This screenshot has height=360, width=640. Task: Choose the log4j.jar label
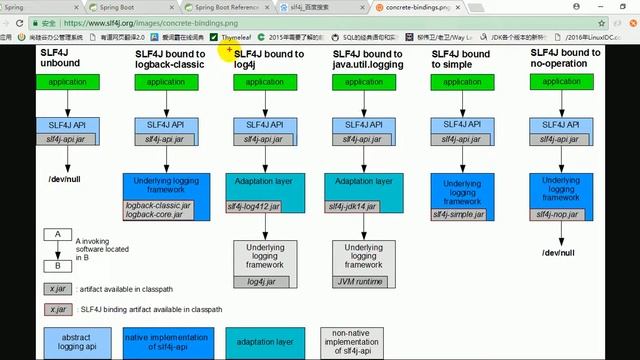point(261,282)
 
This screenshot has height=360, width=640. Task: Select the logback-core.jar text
point(152,214)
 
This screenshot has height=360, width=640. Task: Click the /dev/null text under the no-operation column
point(558,253)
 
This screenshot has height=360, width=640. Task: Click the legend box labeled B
point(58,266)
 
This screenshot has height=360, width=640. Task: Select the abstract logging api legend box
point(75,343)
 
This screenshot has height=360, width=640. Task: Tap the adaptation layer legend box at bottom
point(266,343)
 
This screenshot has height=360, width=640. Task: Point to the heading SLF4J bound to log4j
point(269,60)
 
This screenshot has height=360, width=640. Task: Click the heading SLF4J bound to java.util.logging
point(368,60)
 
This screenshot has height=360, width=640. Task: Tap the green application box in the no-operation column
point(558,82)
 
